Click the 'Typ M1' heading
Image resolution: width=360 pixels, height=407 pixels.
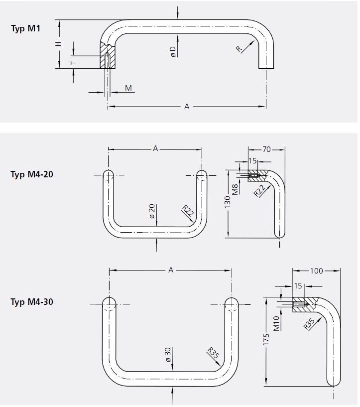click(x=25, y=28)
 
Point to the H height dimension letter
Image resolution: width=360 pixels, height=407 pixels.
click(x=59, y=44)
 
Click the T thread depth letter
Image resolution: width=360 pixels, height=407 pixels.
click(x=73, y=62)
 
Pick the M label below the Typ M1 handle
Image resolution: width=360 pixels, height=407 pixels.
click(x=128, y=88)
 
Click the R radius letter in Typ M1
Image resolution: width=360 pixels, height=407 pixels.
click(x=240, y=48)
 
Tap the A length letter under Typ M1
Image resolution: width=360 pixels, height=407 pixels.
click(x=187, y=106)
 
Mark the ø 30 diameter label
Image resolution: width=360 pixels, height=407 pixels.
click(x=168, y=354)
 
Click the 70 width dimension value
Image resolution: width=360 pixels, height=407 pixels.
click(x=266, y=148)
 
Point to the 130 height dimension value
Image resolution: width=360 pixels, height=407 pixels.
click(x=228, y=202)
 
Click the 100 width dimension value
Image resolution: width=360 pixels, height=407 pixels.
click(x=316, y=271)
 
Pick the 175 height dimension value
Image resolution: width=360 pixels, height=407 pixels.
click(x=266, y=340)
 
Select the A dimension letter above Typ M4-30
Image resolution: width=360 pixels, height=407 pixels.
click(x=171, y=270)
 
